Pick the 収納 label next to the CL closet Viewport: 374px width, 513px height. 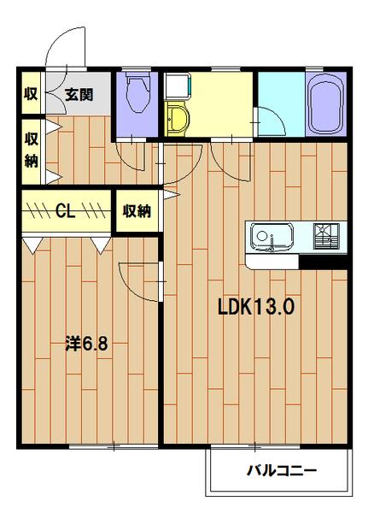tap(137, 210)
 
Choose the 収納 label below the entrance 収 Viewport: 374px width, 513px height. tap(31, 149)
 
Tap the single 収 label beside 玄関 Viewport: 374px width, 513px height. tap(31, 95)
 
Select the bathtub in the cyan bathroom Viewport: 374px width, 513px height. tap(324, 105)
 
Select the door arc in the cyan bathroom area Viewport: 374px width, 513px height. tap(272, 120)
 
